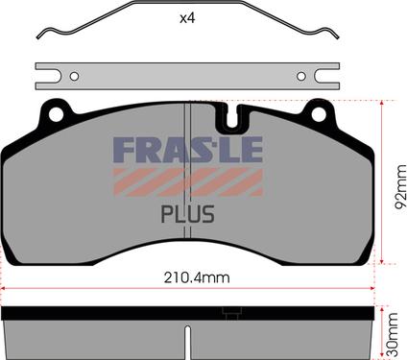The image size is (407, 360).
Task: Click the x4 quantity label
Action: (187, 18)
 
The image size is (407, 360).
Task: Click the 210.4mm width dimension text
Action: (197, 277)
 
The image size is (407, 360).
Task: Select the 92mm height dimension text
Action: (400, 187)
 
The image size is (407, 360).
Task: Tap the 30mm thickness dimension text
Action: (392, 335)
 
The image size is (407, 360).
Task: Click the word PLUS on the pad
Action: (188, 214)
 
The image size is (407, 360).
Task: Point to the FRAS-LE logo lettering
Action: (188, 149)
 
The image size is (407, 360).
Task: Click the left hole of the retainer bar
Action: (74, 77)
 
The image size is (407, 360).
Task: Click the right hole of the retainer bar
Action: (301, 77)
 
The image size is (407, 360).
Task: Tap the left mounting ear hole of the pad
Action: (56, 114)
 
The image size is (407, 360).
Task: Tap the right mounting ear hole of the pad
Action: (319, 114)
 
